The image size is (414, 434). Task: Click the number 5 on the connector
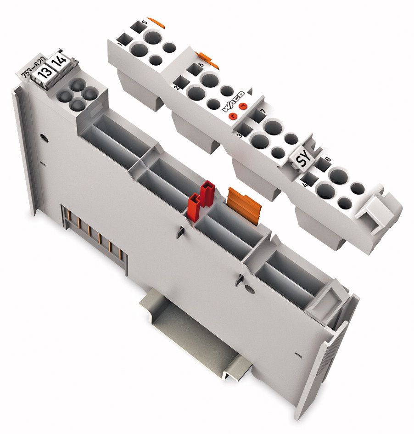(145, 22)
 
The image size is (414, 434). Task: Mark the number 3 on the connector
(239, 136)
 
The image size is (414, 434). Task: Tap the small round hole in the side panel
(45, 137)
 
